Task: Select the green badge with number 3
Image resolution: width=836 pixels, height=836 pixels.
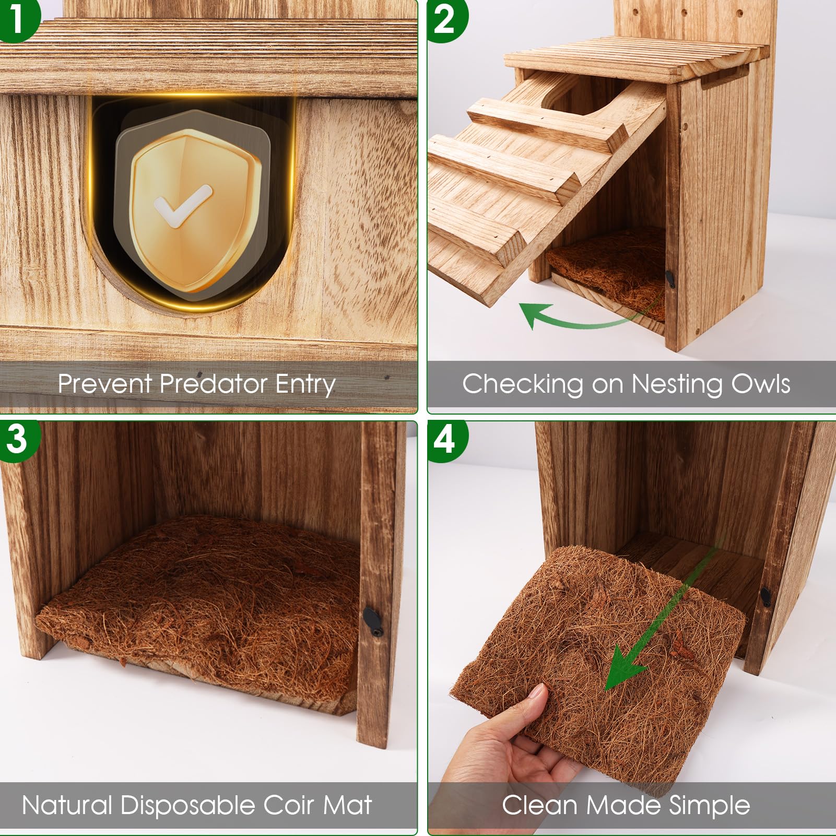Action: (x=18, y=439)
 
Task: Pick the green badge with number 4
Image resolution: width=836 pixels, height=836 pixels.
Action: (x=445, y=440)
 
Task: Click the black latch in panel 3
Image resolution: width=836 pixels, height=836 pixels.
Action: (x=372, y=620)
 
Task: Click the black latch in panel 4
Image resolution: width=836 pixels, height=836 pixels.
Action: (x=766, y=597)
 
